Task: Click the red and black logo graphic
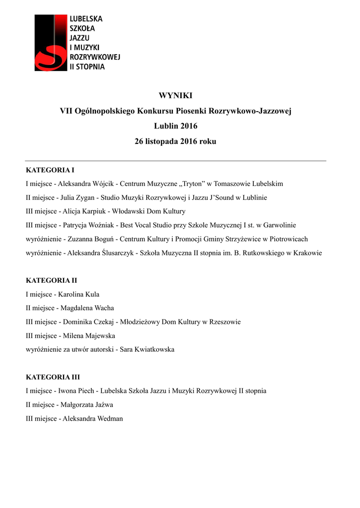50,43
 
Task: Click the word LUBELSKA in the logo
85,18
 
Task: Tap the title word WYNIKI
175,96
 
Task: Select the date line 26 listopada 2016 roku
175,141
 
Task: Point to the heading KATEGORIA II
51,280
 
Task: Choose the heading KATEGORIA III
53,377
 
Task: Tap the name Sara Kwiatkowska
147,350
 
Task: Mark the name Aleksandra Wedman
93,419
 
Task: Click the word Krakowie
308,253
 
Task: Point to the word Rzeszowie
224,322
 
